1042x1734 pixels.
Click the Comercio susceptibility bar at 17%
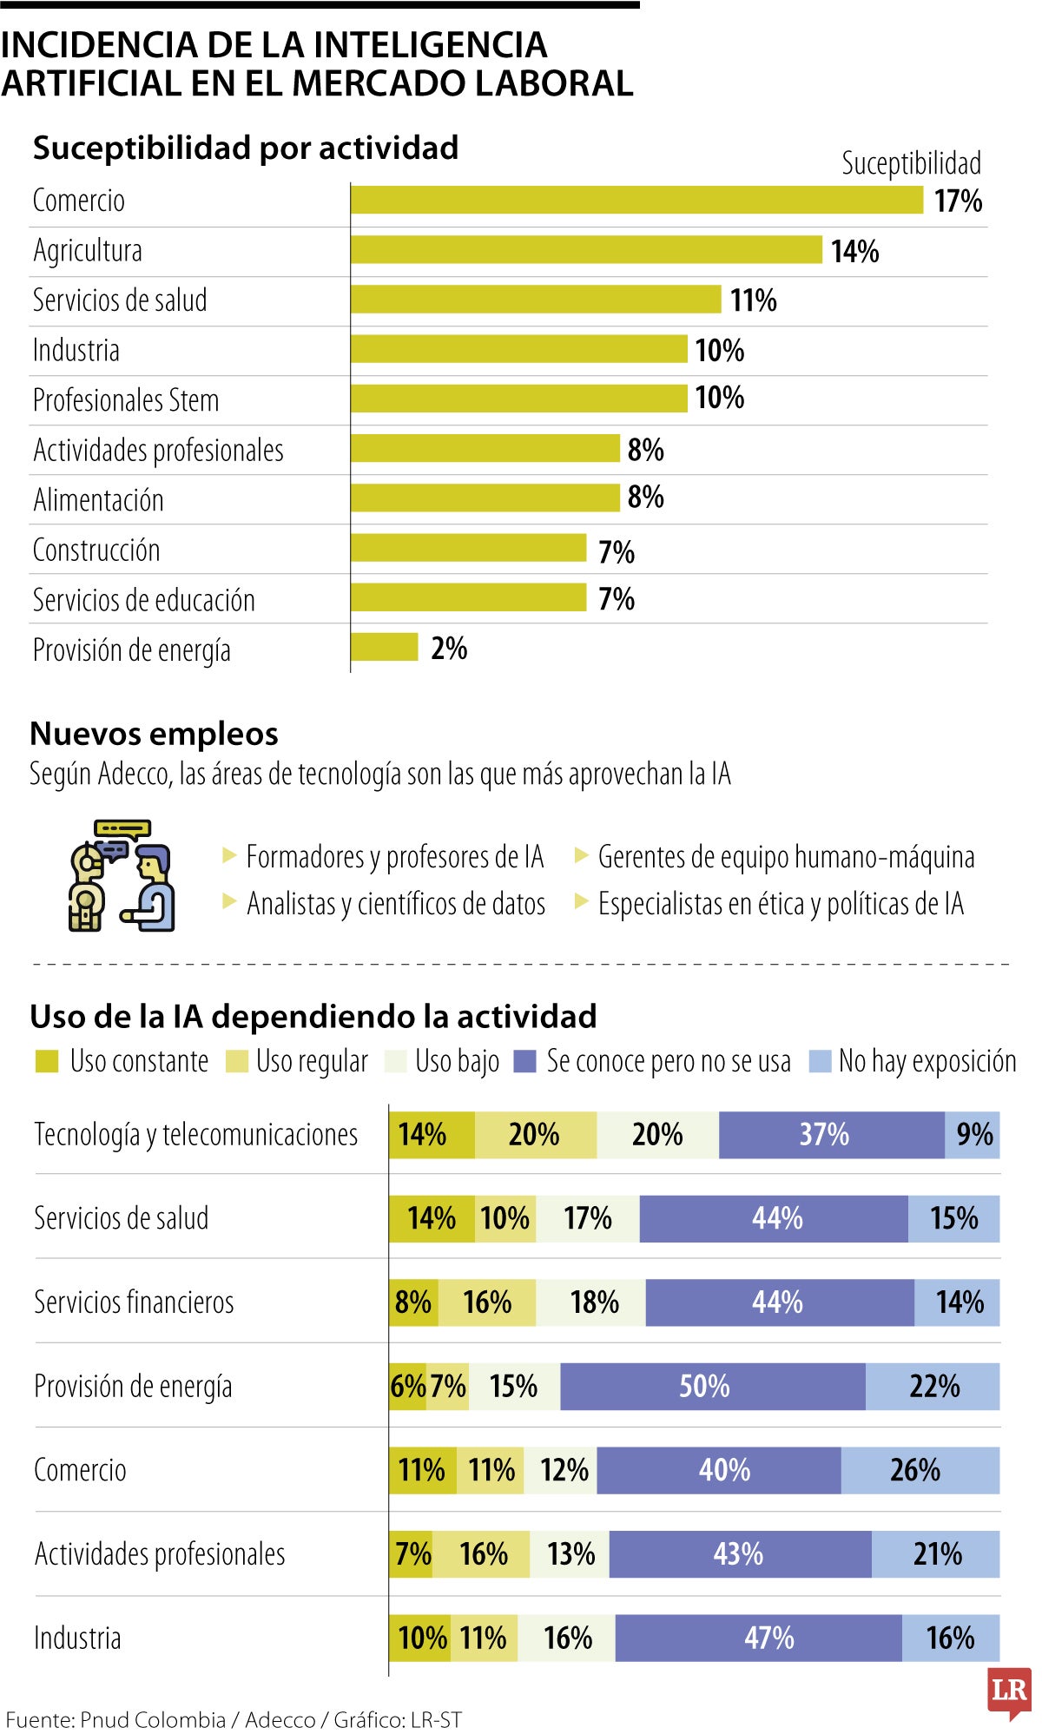pyautogui.click(x=636, y=201)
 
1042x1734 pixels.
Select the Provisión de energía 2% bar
pyautogui.click(x=384, y=648)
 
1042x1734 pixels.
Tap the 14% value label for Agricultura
pyautogui.click(x=854, y=252)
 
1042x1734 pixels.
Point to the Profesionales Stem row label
pyautogui.click(x=126, y=400)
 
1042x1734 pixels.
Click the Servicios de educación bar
pyautogui.click(x=469, y=598)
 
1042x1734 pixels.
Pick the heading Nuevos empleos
pyautogui.click(x=154, y=734)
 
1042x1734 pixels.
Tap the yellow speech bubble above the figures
pyautogui.click(x=122, y=828)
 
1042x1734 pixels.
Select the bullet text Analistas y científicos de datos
pyautogui.click(x=396, y=904)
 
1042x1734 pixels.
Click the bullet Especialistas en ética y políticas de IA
pyautogui.click(x=781, y=904)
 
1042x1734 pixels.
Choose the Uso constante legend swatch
pyautogui.click(x=46, y=1061)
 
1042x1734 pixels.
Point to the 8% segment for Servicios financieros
pyautogui.click(x=413, y=1302)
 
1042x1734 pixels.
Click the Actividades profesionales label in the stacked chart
pyautogui.click(x=160, y=1554)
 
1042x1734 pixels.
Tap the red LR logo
pyautogui.click(x=1009, y=1691)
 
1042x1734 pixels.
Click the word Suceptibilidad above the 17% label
pyautogui.click(x=911, y=163)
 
